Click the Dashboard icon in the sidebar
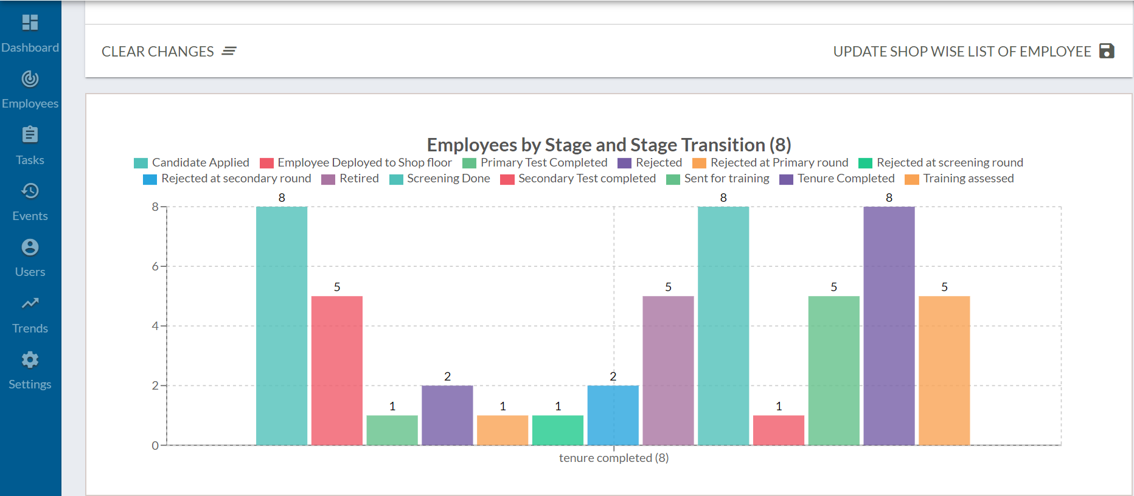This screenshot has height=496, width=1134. [x=30, y=22]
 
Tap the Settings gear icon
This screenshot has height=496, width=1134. [x=30, y=360]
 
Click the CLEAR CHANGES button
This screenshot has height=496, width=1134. [x=169, y=52]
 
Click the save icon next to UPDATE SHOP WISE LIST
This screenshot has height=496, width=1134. [x=1107, y=51]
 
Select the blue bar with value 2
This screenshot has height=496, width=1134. [x=613, y=415]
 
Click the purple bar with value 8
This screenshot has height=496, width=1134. [x=888, y=326]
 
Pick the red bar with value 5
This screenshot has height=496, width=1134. [x=336, y=371]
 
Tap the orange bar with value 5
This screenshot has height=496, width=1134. [x=944, y=371]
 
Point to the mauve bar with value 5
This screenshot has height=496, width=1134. [x=668, y=371]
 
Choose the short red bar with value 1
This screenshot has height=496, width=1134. [x=778, y=430]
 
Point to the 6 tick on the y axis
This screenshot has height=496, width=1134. [x=155, y=266]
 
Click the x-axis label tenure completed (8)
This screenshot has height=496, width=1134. [x=613, y=458]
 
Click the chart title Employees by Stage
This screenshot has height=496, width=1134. [x=608, y=145]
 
